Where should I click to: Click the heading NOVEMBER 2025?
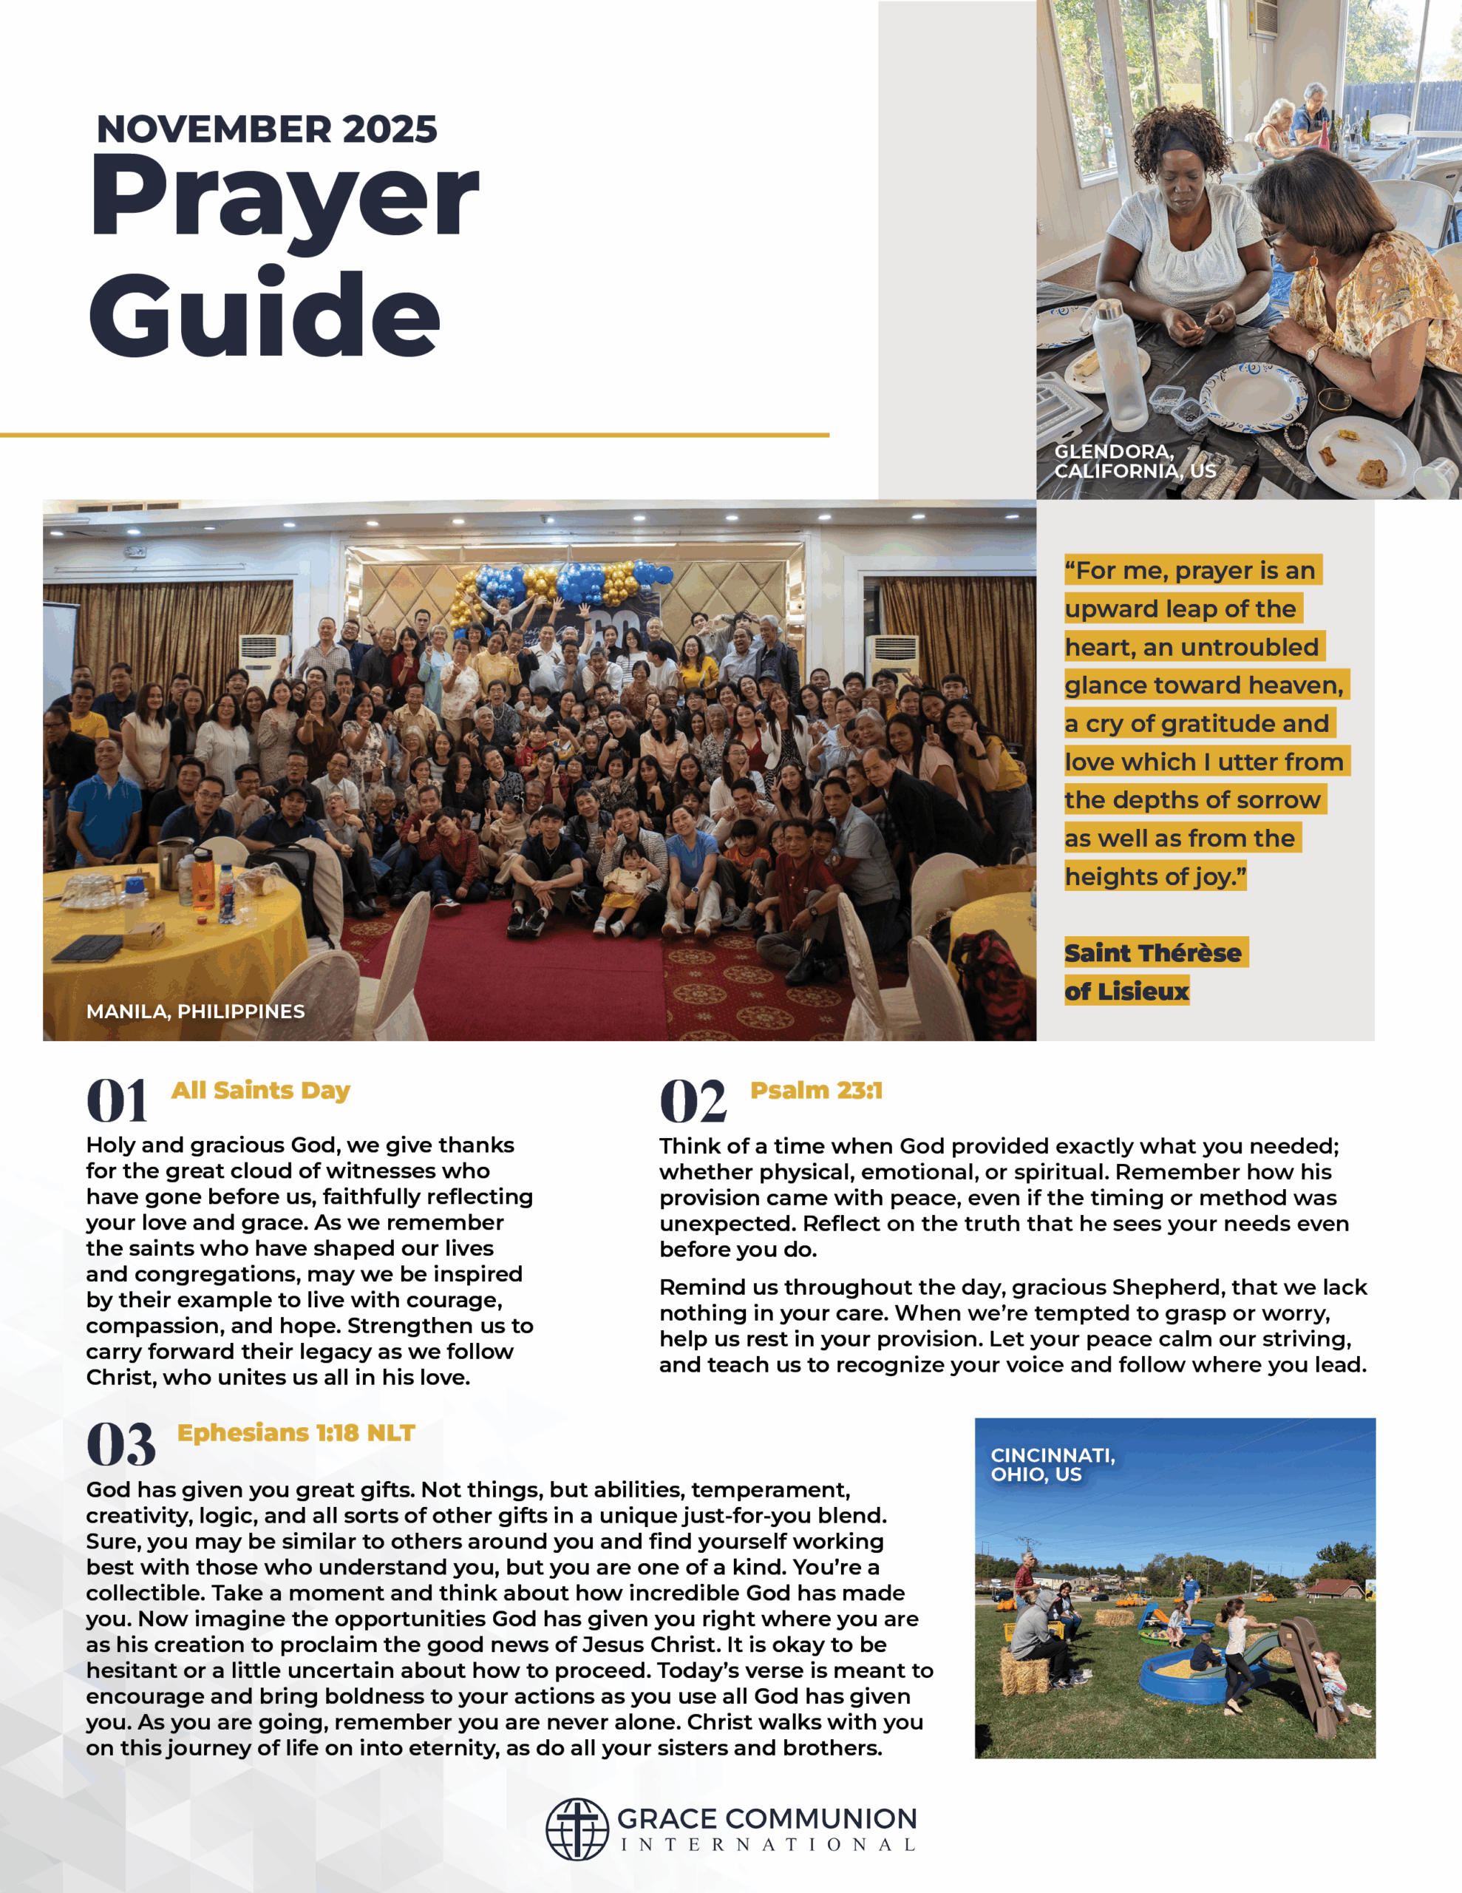coord(266,129)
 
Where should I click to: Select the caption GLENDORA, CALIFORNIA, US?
coord(1135,461)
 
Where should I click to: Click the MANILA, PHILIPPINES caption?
coord(195,1012)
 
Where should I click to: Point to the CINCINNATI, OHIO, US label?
coord(1052,1464)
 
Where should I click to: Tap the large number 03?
coord(120,1444)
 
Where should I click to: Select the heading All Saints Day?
coord(260,1091)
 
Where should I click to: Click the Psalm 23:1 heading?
coord(815,1091)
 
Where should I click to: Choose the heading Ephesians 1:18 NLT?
coord(296,1433)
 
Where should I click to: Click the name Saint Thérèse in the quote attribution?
coord(1152,952)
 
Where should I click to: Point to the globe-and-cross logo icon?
coord(577,1829)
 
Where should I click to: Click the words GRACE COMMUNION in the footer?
coord(766,1818)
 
